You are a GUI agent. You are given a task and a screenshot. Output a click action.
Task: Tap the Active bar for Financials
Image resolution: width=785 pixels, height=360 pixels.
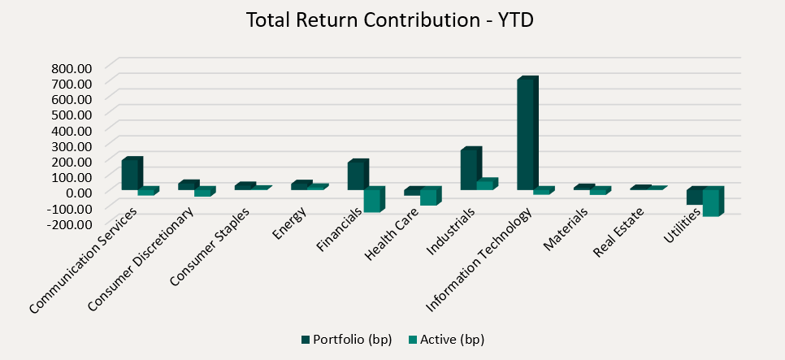pyautogui.click(x=372, y=201)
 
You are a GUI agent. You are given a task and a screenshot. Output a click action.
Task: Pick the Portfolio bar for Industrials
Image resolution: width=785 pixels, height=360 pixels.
pyautogui.click(x=469, y=170)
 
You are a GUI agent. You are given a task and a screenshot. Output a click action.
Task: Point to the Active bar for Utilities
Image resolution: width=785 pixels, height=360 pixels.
pyautogui.click(x=711, y=202)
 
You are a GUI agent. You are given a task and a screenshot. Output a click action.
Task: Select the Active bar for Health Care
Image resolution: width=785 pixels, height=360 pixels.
pyautogui.click(x=429, y=197)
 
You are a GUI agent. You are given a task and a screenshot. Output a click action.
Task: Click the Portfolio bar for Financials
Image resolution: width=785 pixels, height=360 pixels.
pyautogui.click(x=356, y=176)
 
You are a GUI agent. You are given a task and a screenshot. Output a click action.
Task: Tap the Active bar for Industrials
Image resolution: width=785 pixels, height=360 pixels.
pyautogui.click(x=485, y=184)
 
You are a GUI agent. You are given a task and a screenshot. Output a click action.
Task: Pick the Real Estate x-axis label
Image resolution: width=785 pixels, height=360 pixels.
pyautogui.click(x=618, y=232)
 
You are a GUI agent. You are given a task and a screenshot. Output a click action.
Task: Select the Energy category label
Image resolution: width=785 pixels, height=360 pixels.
pyautogui.click(x=289, y=224)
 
